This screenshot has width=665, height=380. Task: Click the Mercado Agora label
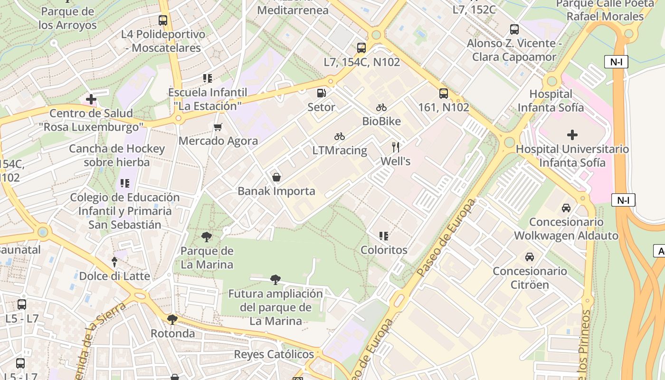[x=218, y=141]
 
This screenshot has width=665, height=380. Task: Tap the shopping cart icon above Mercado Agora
[x=218, y=127]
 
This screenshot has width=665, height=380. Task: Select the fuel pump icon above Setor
[x=322, y=93]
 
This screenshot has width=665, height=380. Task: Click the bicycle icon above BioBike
[x=381, y=107]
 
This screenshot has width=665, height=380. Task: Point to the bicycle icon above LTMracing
[x=339, y=137]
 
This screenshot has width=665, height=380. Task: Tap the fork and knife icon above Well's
[x=395, y=147]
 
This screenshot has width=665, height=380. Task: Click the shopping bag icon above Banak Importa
[x=276, y=177]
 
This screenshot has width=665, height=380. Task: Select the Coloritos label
[x=384, y=250]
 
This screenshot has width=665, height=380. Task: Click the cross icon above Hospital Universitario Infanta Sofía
[x=572, y=135]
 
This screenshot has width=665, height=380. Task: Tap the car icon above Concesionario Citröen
[x=530, y=257]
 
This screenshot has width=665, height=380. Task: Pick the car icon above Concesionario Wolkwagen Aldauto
[x=566, y=208]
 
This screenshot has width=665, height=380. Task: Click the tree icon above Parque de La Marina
[x=207, y=237]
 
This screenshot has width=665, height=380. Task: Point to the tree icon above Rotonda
[x=172, y=319]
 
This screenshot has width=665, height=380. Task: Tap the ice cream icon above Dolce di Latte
[x=114, y=262]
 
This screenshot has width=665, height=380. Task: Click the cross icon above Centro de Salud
[x=91, y=99]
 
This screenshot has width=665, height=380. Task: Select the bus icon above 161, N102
[x=443, y=94]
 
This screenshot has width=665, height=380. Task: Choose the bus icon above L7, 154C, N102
[x=361, y=47]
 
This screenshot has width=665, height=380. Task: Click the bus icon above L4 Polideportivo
[x=163, y=20]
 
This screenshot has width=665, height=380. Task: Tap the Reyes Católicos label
[x=274, y=354]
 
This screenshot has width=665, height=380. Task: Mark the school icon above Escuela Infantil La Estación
[x=207, y=78]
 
